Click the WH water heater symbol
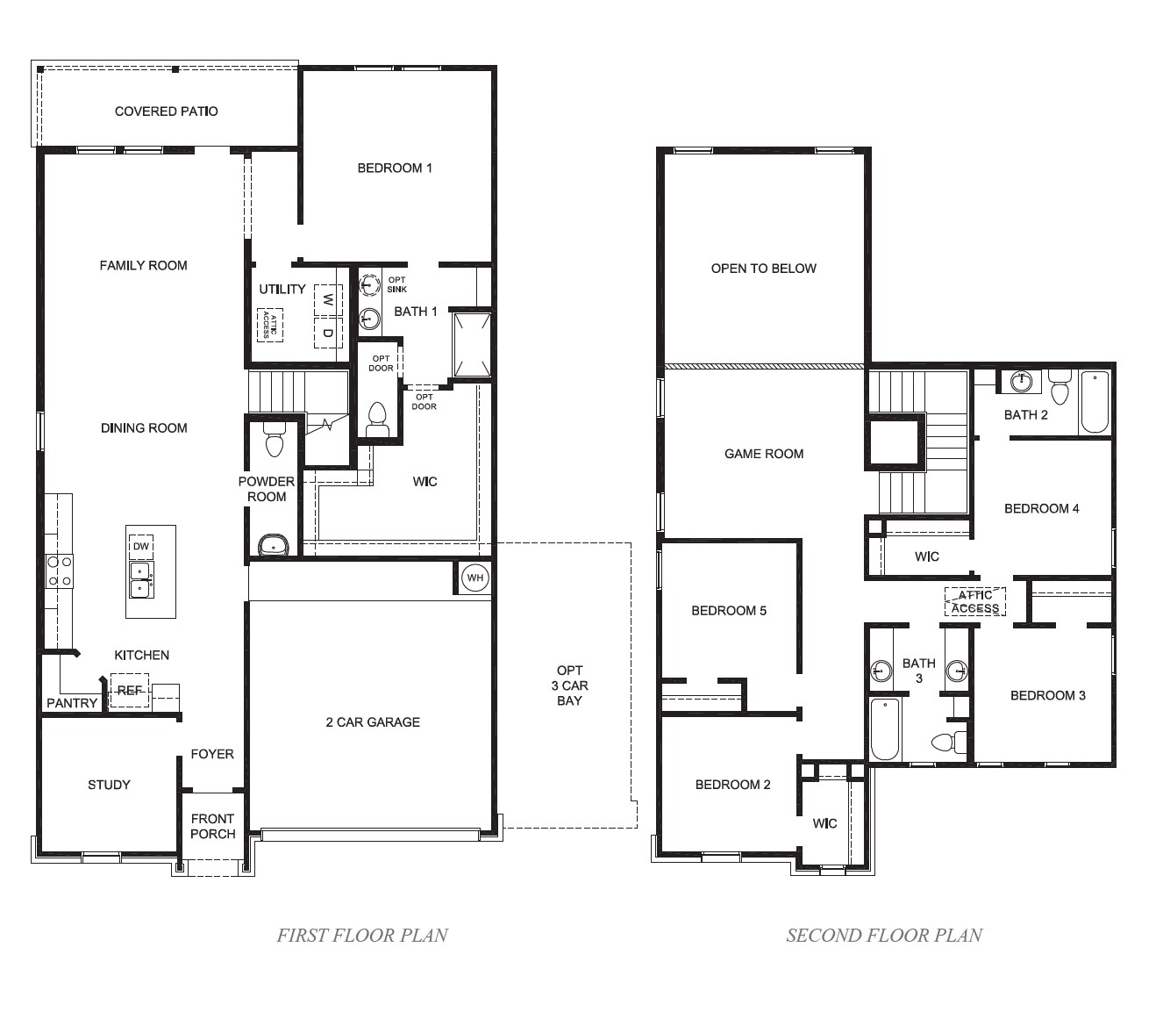tap(474, 578)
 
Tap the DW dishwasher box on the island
tap(140, 547)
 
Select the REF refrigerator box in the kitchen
tap(129, 691)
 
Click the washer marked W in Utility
tap(327, 299)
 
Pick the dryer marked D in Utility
tap(327, 333)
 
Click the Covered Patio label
tap(166, 111)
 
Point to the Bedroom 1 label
tap(395, 168)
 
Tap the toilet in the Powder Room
tap(275, 441)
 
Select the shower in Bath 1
tap(471, 344)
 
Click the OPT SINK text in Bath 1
tap(396, 284)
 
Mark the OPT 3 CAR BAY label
tap(569, 685)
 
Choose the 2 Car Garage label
tap(373, 722)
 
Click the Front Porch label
tap(213, 826)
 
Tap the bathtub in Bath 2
tap(1094, 402)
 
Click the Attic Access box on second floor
tap(975, 602)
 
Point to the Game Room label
tap(764, 454)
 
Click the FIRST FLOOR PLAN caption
tap(362, 935)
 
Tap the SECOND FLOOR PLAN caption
tap(884, 935)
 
